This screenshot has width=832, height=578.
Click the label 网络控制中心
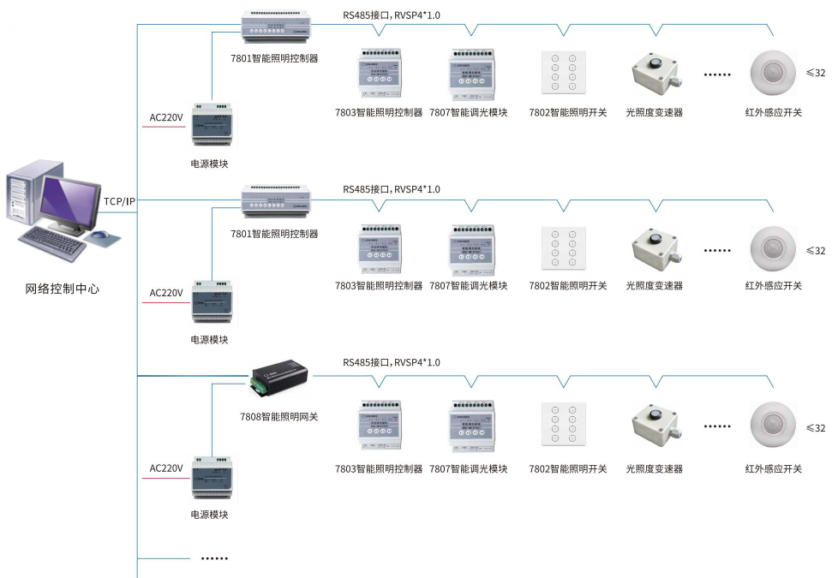point(62,289)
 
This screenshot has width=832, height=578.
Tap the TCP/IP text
point(119,201)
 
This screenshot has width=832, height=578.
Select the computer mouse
point(100,235)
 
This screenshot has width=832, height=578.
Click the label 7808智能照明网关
point(278,416)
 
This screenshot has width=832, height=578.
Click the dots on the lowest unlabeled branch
point(214,558)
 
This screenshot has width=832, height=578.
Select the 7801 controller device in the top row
point(275,27)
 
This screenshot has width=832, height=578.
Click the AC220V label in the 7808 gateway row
point(166,468)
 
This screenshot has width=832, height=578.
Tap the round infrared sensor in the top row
point(774,74)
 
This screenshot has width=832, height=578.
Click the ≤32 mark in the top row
point(816,73)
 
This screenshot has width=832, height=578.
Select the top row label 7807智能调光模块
point(468,112)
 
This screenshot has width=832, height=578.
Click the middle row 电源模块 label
point(209,339)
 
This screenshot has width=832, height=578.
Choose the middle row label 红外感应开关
point(773,285)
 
